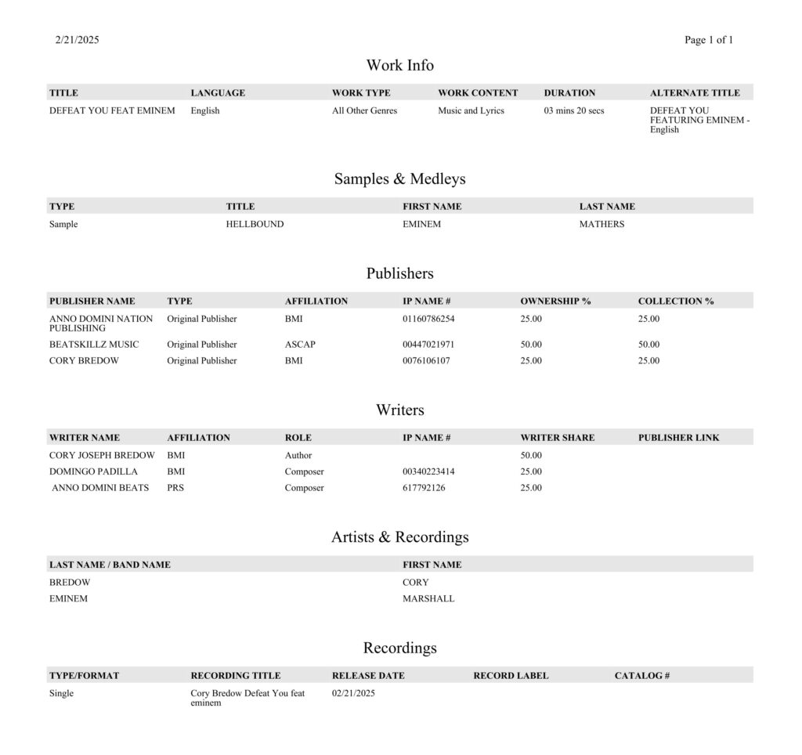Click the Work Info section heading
pyautogui.click(x=399, y=65)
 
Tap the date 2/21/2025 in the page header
pyautogui.click(x=78, y=40)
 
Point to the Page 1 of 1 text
pyautogui.click(x=708, y=40)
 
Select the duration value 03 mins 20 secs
pyautogui.click(x=574, y=110)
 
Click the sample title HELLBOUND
pyautogui.click(x=255, y=224)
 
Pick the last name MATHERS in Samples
pyautogui.click(x=601, y=224)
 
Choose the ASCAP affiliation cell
pyautogui.click(x=300, y=345)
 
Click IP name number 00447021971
pyautogui.click(x=428, y=345)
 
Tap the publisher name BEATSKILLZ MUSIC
pyautogui.click(x=94, y=345)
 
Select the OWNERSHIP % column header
pyautogui.click(x=555, y=301)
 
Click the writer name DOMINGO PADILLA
pyautogui.click(x=93, y=471)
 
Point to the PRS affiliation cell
pyautogui.click(x=175, y=488)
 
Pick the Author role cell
pyautogui.click(x=298, y=455)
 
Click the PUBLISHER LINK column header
pyautogui.click(x=678, y=438)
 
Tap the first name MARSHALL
pyautogui.click(x=428, y=598)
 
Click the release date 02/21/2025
pyautogui.click(x=353, y=692)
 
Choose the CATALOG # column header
pyautogui.click(x=641, y=675)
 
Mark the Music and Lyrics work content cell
pyautogui.click(x=471, y=110)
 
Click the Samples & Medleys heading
pyautogui.click(x=399, y=179)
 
